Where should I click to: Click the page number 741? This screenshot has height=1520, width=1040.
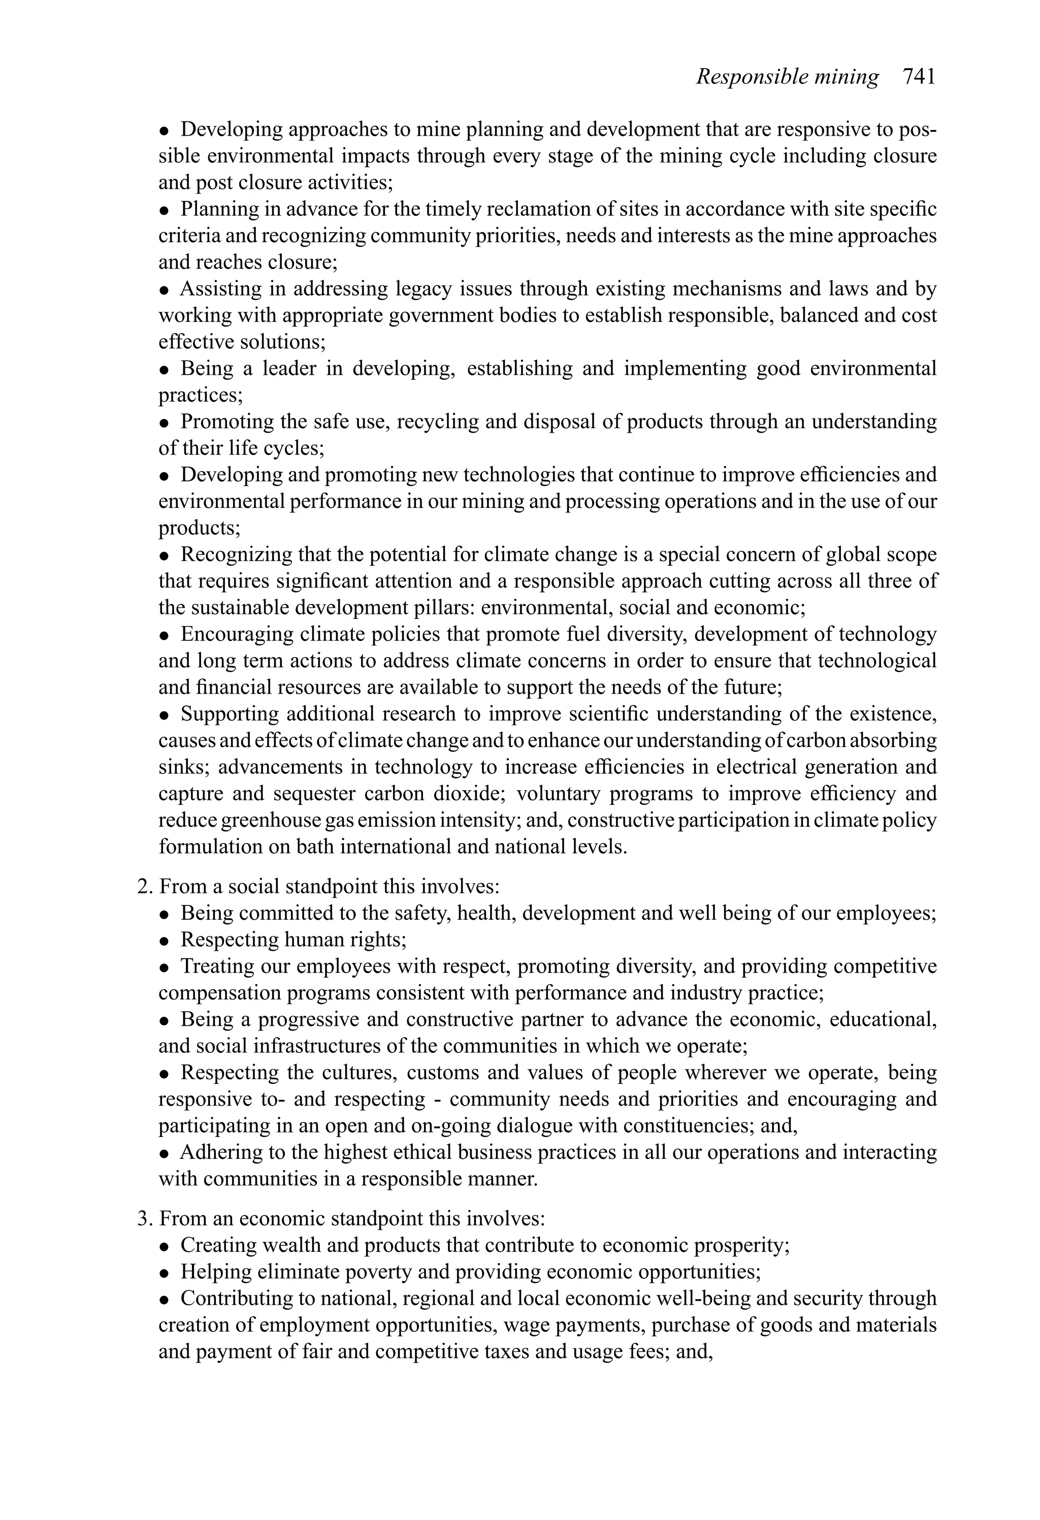919,77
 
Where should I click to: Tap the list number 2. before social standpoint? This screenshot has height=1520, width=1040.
145,887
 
